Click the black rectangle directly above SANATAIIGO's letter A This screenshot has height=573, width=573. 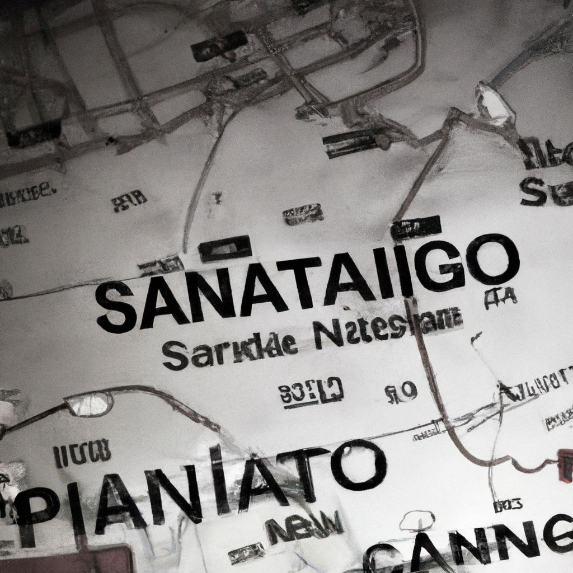point(225,249)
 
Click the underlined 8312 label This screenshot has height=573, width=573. point(311,390)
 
